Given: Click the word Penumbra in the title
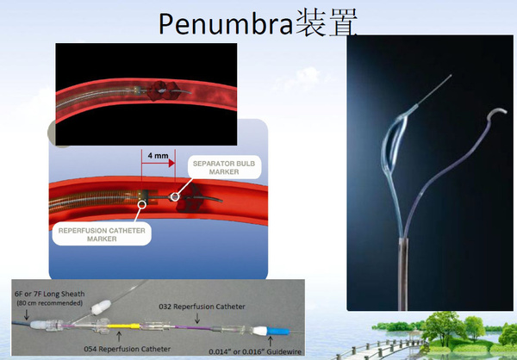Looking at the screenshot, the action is point(226,24).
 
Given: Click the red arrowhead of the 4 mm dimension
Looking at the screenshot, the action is point(171,163).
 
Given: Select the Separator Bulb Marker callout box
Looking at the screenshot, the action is point(224,167).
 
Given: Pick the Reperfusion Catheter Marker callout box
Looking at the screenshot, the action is point(102,234).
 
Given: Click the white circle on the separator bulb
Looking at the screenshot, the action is point(176,197).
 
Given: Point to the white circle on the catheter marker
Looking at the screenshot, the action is point(142,204).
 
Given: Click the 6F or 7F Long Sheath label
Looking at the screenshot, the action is point(50,294).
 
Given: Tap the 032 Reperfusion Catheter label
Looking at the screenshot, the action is point(202,307).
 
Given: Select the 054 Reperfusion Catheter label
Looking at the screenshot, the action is point(128,349).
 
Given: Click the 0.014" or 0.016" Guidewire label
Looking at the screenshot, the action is point(255,351).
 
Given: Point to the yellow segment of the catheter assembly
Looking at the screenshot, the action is point(123,326).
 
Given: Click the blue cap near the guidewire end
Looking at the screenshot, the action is point(278,331).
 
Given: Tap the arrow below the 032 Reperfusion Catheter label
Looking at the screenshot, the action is point(197,318).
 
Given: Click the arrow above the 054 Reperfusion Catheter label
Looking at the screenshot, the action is point(119,337).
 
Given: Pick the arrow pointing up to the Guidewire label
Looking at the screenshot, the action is point(271,341).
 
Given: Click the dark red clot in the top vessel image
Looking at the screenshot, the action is point(164,90).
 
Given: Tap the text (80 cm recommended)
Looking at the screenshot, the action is point(50,303).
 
